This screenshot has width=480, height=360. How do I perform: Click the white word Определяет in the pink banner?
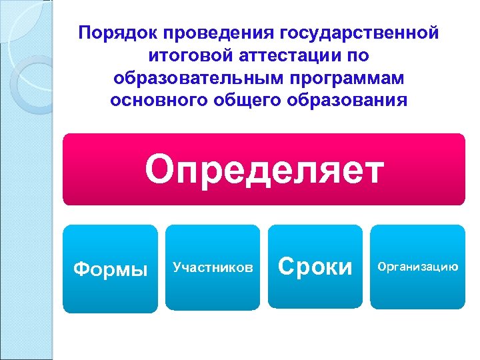pyautogui.click(x=264, y=169)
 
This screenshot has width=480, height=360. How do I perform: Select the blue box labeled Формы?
pyautogui.click(x=111, y=269)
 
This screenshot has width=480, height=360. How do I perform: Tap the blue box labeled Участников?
pyautogui.click(x=213, y=267)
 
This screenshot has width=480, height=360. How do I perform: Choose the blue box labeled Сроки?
pyautogui.click(x=315, y=267)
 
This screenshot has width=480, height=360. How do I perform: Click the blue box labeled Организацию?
pyautogui.click(x=417, y=267)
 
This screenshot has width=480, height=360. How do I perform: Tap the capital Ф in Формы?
pyautogui.click(x=81, y=269)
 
